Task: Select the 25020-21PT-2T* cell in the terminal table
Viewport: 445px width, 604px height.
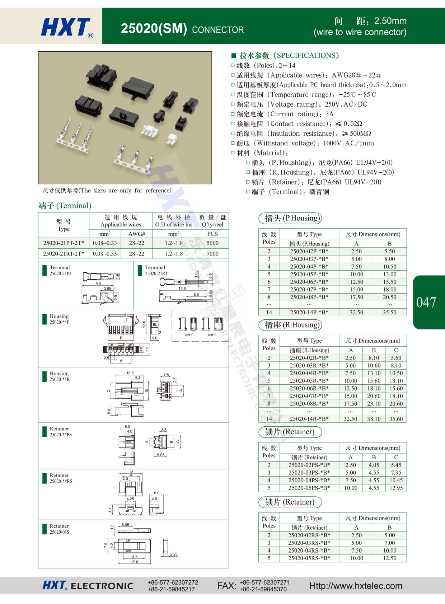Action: coord(64,243)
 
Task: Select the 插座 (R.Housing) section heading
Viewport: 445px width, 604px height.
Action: coord(290,325)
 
